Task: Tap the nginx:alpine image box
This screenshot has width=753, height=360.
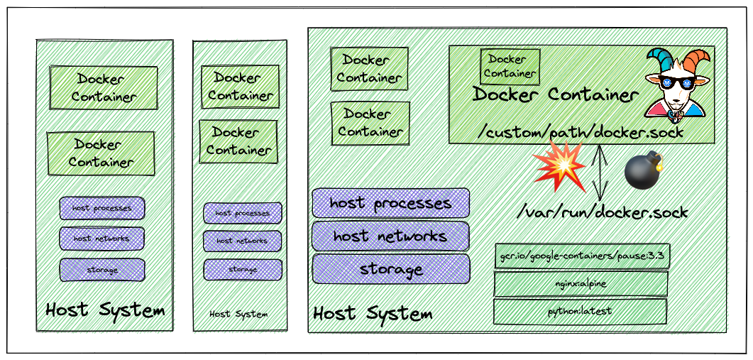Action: [x=581, y=283]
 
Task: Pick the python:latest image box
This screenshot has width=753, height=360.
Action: [x=581, y=311]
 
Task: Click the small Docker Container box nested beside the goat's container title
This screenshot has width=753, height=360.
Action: [x=510, y=65]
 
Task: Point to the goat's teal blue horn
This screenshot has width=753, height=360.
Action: [x=657, y=60]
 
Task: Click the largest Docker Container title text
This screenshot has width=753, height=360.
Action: [x=556, y=94]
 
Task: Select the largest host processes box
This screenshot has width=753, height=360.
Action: [x=390, y=203]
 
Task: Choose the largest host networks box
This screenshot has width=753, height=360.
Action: [x=390, y=236]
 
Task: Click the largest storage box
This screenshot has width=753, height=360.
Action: [x=390, y=269]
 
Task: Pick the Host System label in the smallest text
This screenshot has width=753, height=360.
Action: [x=238, y=314]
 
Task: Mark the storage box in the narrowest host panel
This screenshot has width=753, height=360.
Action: [x=242, y=270]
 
